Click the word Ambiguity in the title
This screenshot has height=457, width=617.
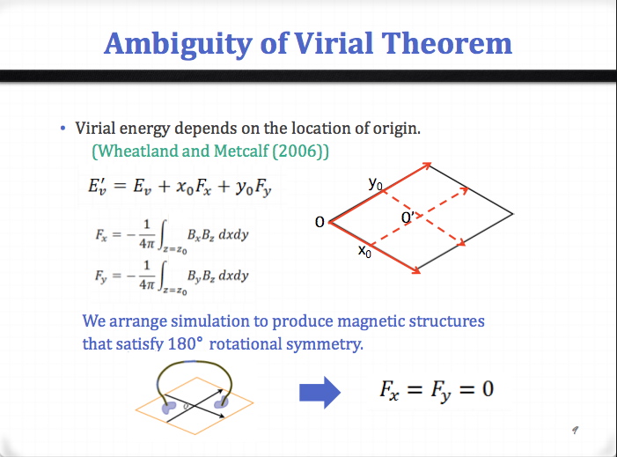[x=179, y=45]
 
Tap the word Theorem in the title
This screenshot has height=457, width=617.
[x=447, y=43]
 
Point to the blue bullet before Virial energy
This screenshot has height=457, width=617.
[x=63, y=129]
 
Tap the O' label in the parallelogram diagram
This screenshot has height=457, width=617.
[x=408, y=217]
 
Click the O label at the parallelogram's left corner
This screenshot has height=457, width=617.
[x=320, y=222]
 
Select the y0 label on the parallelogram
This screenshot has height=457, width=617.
[x=376, y=183]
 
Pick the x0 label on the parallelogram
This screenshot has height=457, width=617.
[x=364, y=250]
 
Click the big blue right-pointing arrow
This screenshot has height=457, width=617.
[x=320, y=393]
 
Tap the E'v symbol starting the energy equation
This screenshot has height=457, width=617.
[x=98, y=186]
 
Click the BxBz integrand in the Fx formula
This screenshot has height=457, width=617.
[x=201, y=235]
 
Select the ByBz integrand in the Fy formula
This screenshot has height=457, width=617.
[x=201, y=276]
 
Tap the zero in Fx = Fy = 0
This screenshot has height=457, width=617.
[x=488, y=389]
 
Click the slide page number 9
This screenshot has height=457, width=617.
[x=576, y=430]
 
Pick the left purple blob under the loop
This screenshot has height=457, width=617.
[x=169, y=407]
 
